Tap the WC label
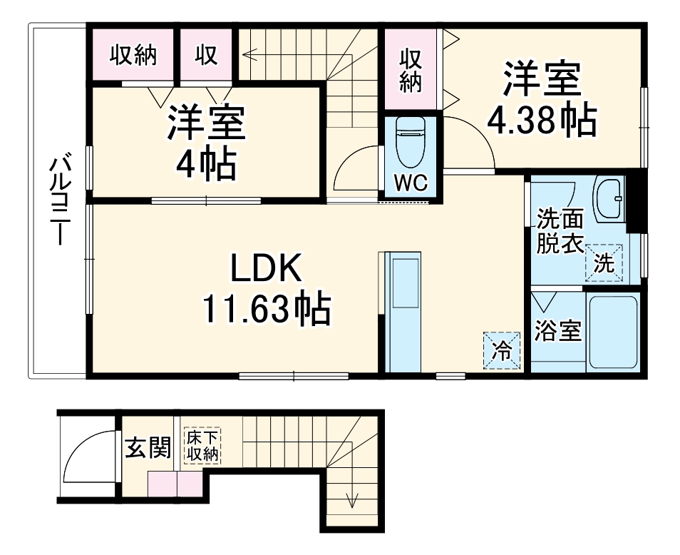click(411, 183)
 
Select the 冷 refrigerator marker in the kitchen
click(503, 350)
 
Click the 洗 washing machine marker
click(604, 263)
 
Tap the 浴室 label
click(558, 330)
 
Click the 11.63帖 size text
click(267, 310)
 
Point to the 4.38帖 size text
click(542, 121)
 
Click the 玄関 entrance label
click(148, 448)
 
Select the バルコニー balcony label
click(58, 200)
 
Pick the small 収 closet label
click(206, 55)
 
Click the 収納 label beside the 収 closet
click(133, 55)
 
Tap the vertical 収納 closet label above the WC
click(410, 69)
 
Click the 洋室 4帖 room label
click(207, 143)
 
